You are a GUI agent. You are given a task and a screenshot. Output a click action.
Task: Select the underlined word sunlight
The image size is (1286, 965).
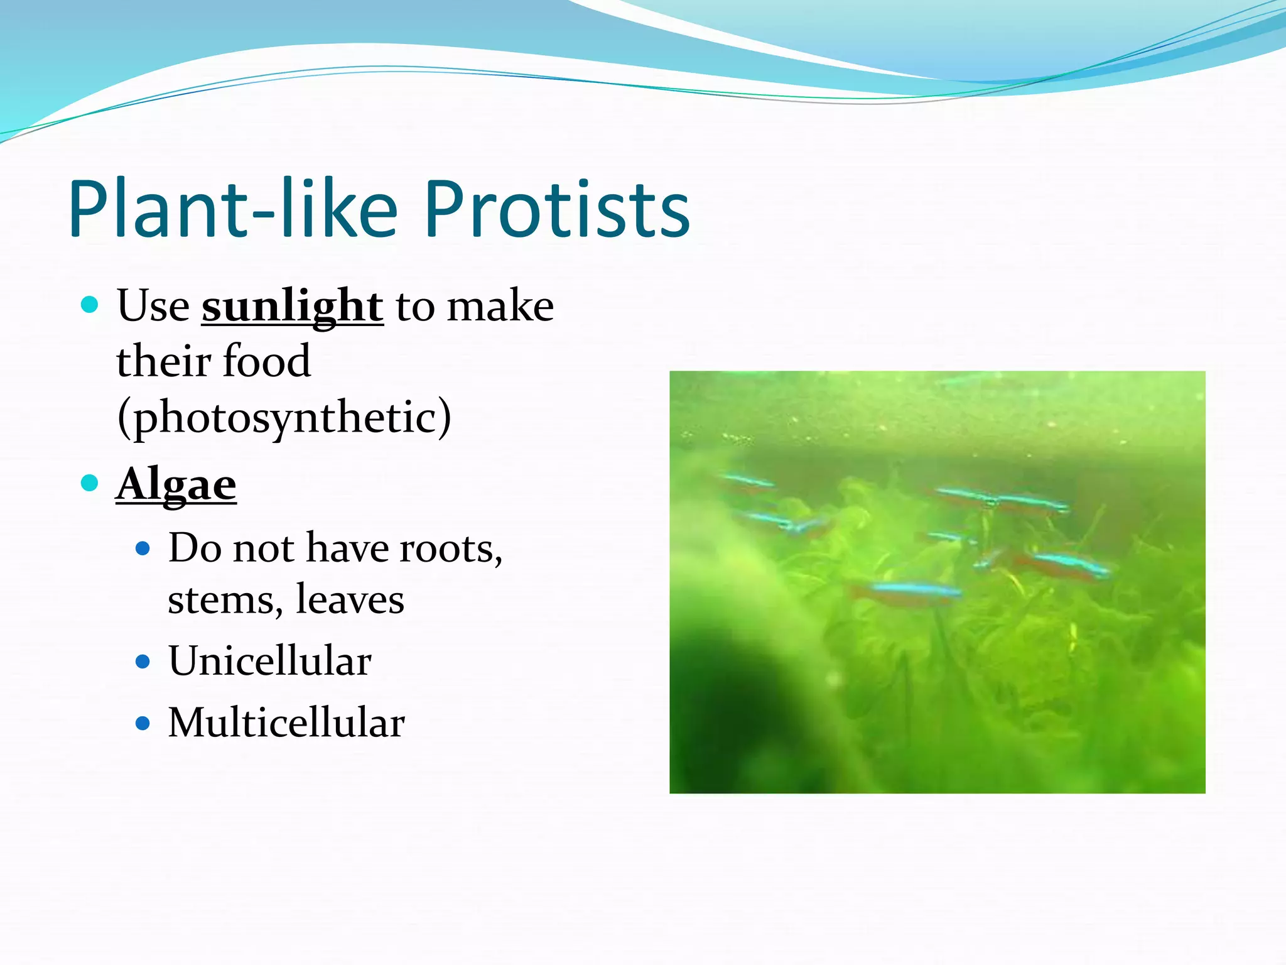click(x=292, y=307)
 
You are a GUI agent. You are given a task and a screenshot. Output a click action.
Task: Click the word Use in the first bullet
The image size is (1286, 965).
click(x=153, y=307)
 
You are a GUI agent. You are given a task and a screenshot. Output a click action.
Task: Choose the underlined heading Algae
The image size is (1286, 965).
click(x=176, y=486)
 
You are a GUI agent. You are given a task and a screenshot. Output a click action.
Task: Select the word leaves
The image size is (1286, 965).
click(x=350, y=600)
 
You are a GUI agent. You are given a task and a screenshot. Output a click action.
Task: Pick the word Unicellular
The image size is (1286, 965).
click(x=270, y=662)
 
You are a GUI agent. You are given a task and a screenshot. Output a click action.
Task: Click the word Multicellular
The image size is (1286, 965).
click(x=286, y=723)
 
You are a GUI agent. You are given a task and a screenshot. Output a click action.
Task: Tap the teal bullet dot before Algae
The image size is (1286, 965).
click(x=90, y=483)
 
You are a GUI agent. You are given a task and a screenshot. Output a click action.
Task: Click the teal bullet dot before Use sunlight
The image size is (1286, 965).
click(x=90, y=305)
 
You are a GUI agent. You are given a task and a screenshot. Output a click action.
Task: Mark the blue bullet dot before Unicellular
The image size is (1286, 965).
click(x=143, y=662)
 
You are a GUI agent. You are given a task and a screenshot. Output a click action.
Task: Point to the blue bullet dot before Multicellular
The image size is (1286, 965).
click(x=143, y=723)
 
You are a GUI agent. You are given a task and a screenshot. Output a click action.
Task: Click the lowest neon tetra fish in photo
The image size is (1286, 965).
click(x=910, y=591)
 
